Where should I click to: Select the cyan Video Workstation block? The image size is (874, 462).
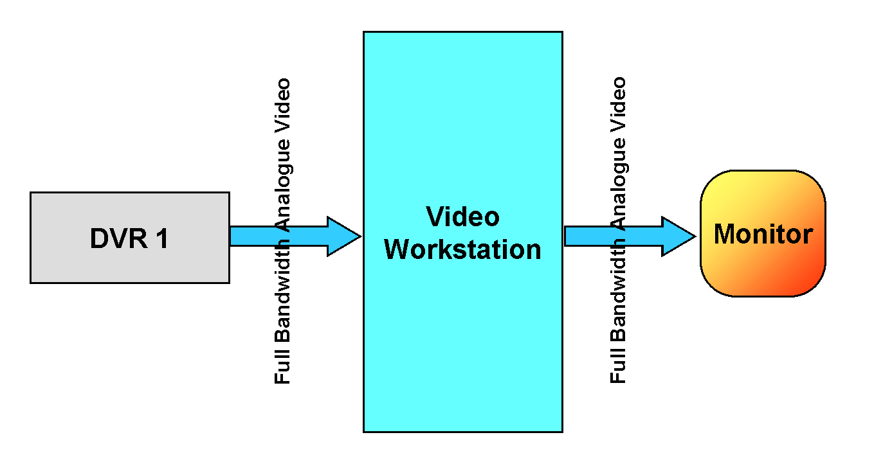click(462, 334)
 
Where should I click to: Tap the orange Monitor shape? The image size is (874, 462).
click(762, 270)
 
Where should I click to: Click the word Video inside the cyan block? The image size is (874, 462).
click(462, 217)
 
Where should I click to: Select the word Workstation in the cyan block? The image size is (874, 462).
click(462, 249)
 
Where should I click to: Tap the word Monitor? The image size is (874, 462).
click(763, 234)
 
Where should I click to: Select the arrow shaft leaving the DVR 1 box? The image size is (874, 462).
click(254, 236)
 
